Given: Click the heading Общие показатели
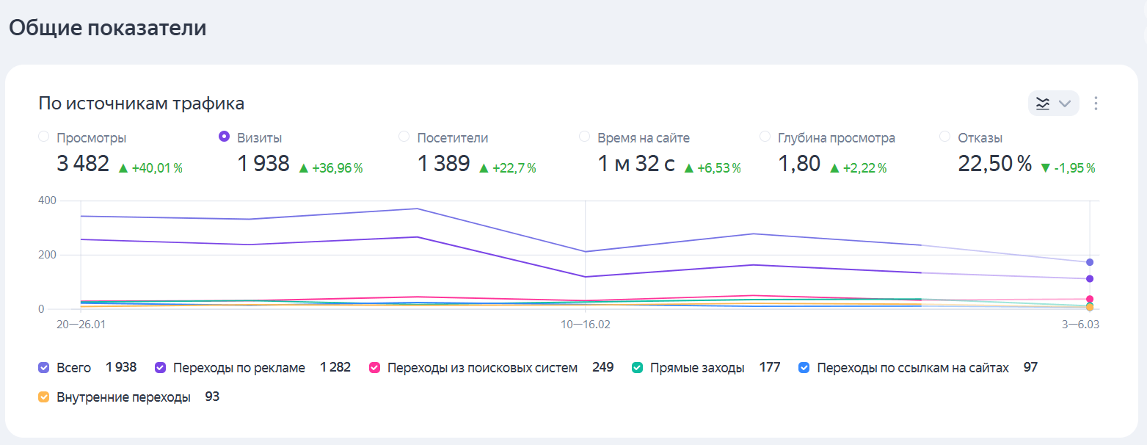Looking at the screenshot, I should coord(107,28).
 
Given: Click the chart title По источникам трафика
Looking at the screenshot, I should coord(142,104).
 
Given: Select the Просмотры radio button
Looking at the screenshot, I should coord(43,137).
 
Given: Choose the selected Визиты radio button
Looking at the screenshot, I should coord(225,137).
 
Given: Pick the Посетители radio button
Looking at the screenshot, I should coord(404,137).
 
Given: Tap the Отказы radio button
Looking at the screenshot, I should coord(944,137).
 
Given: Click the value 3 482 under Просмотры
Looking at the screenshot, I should coord(83,164).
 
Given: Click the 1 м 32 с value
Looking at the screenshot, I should coord(636,164).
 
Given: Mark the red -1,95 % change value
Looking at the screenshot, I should coord(1074,168).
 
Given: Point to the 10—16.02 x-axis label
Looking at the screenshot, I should coord(585,324).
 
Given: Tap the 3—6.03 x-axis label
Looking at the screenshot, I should coord(1077,324).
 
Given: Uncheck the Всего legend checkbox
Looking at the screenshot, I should coord(43,368).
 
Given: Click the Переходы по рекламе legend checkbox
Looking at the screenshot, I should coord(161,368).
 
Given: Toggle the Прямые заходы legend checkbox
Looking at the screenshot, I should coord(638,368).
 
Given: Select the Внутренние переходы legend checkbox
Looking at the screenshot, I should coord(43,397).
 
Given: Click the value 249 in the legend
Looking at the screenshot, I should coord(602,367).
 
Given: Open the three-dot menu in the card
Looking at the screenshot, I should coord(1096,104).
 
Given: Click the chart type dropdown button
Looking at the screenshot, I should coord(1053,104).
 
